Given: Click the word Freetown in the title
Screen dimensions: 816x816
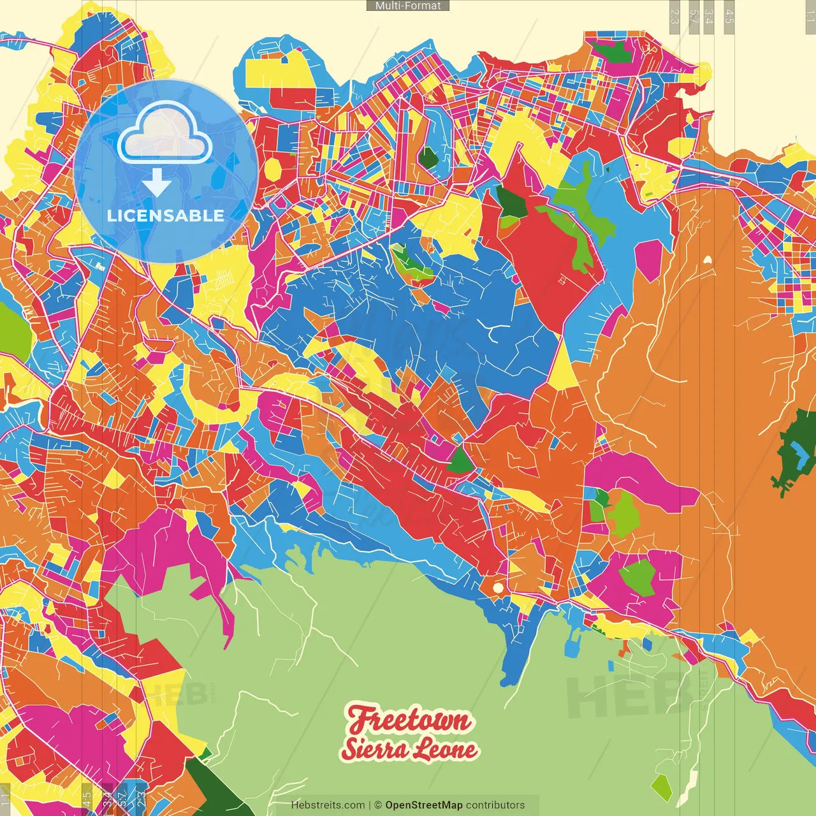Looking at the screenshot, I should point(409,720).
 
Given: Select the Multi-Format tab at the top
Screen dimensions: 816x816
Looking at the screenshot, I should point(407,6).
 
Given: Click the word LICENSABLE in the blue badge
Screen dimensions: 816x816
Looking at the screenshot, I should point(166,215).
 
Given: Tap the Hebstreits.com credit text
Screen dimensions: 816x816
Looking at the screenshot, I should point(328,805).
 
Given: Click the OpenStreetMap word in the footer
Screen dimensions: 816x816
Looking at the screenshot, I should point(423,805).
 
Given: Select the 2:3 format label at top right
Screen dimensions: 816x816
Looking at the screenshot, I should point(674,16).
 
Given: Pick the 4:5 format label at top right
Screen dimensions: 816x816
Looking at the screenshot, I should point(729,16).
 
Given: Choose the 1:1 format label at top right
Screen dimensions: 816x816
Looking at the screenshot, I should point(809,16).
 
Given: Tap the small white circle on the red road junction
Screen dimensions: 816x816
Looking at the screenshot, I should point(498,587).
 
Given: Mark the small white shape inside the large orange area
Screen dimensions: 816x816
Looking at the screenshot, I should point(707,259).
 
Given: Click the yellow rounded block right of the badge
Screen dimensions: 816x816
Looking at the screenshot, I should point(273,169).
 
